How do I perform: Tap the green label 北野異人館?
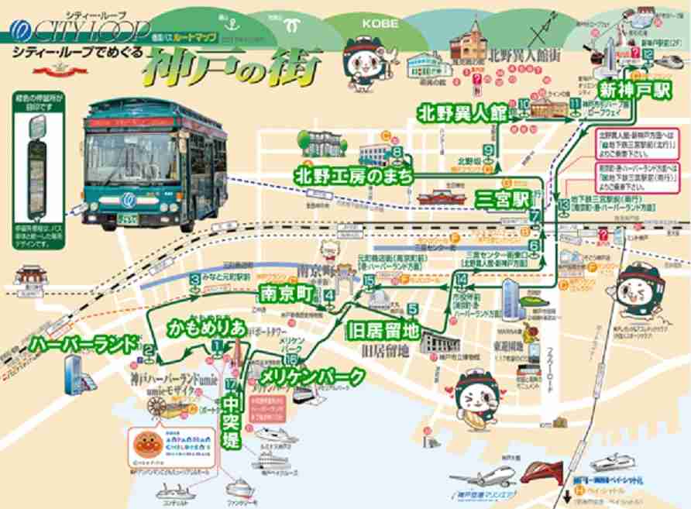(461, 112)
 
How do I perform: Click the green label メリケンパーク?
(312, 378)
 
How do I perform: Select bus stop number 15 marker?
(370, 280)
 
